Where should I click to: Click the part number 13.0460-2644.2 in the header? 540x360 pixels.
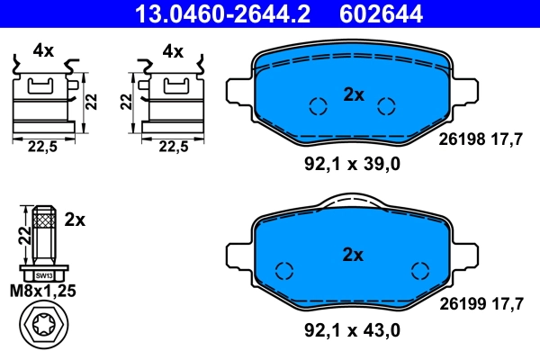212,13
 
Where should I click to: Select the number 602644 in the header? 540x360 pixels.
381,13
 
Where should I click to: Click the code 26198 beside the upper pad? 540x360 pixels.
461,139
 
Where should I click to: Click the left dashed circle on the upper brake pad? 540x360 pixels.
317,106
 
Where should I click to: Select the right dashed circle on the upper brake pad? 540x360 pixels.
387,106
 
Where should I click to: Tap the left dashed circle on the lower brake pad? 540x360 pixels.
285,271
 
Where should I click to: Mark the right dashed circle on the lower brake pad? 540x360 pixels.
419,271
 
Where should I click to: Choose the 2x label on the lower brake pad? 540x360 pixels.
353,256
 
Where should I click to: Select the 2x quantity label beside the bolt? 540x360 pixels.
75,220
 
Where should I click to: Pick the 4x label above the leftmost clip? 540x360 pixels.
42,51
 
